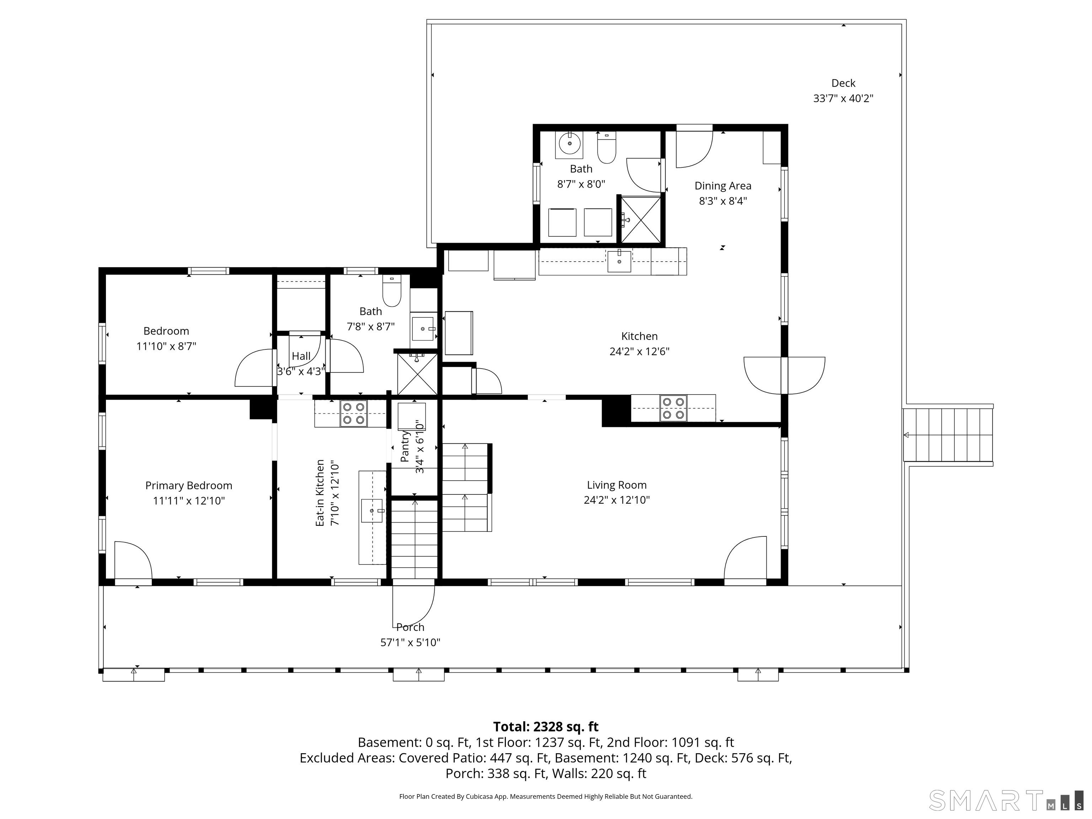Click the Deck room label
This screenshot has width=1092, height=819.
coord(843,83)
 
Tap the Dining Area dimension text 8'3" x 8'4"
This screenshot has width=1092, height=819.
coord(723,201)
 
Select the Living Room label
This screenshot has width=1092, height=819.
coord(617,485)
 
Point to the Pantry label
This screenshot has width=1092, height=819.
coord(405,446)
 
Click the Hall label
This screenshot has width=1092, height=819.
coord(301,356)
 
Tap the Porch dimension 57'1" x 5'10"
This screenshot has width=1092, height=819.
coord(410,642)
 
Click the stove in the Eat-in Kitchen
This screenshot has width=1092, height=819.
coord(353,413)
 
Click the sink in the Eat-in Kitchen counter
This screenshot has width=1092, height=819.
coord(372,510)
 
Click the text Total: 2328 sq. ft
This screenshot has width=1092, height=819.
coord(546,726)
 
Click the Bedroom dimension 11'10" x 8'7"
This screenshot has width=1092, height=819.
coord(166,346)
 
